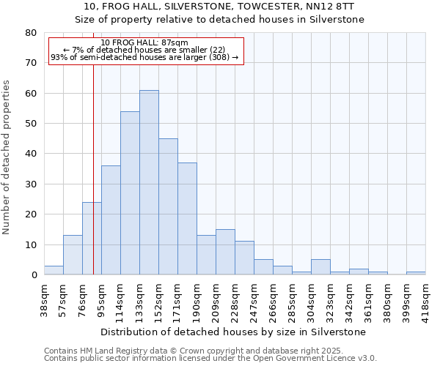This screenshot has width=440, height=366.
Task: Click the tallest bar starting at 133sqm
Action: point(149,183)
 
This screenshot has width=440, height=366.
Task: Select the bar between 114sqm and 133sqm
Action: point(130,193)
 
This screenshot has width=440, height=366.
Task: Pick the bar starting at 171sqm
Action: point(187,219)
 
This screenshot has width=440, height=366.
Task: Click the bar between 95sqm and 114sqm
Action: point(111,220)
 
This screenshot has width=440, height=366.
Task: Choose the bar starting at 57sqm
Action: point(73,255)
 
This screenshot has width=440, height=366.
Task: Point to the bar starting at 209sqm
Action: point(225,253)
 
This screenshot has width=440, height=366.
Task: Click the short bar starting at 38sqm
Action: point(54,270)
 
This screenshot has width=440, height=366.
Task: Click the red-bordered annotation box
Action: point(145,50)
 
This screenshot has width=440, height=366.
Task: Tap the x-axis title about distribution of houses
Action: point(233,332)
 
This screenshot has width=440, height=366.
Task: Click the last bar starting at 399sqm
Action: point(416,273)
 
